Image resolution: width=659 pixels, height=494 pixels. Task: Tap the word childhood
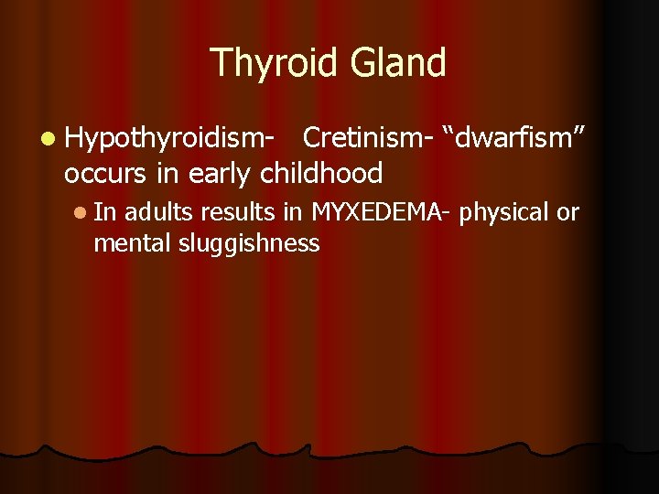point(321,172)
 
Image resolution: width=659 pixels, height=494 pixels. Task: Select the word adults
point(159,213)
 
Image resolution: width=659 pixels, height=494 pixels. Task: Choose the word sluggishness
point(249,243)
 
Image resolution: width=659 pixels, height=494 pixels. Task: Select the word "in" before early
point(177,172)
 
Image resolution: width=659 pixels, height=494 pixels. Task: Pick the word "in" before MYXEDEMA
point(295,213)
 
